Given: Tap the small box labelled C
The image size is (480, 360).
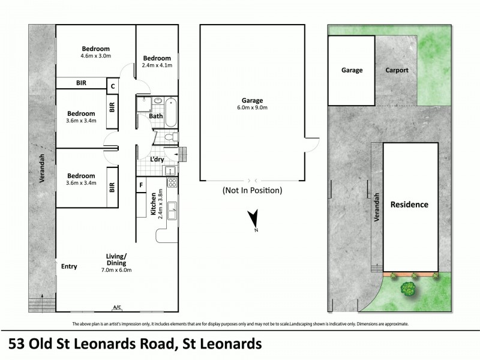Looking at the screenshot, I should pos(112,86).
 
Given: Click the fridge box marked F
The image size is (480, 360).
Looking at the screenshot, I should pos(141,185).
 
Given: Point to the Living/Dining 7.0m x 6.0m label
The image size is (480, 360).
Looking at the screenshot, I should pos(117,263).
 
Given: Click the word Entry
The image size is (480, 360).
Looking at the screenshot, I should pos(69,266).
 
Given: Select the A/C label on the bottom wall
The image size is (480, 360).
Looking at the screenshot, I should pos(117,308).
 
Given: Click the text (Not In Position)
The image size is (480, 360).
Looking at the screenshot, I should pos(252,191).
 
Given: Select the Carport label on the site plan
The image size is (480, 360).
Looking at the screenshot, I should pos(397,70).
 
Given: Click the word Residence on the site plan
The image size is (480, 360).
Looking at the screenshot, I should pos(409,205).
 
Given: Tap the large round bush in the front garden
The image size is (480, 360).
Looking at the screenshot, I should pos(409,289).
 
